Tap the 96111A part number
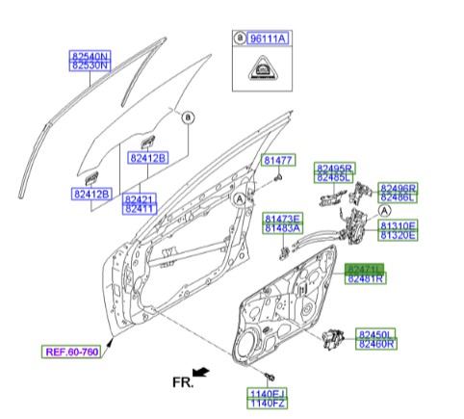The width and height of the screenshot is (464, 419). [x=271, y=39]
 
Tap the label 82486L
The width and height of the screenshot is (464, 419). [x=398, y=197]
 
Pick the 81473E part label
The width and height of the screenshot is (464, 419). [x=282, y=219]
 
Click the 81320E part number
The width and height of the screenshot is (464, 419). [x=398, y=234]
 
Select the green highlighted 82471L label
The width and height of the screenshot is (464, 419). [x=365, y=269]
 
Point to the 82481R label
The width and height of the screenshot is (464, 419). [x=365, y=278]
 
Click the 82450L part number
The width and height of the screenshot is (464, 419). [x=376, y=333]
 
